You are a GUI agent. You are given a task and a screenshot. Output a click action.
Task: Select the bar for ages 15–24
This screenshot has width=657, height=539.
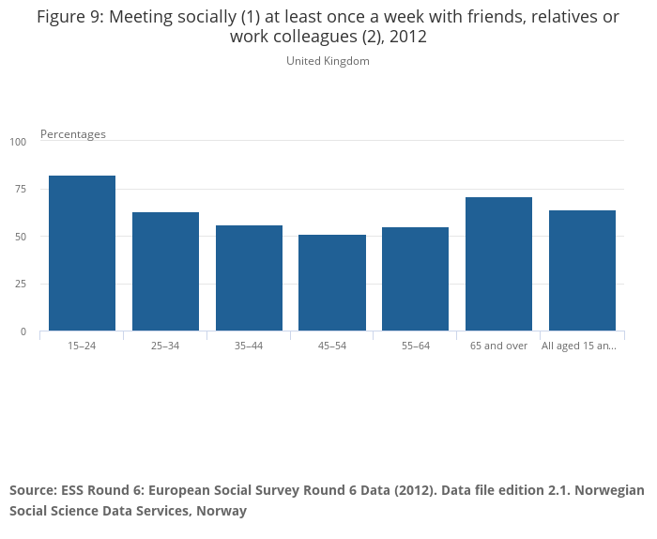[82, 253]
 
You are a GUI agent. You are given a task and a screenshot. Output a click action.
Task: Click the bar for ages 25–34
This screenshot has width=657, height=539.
[165, 271]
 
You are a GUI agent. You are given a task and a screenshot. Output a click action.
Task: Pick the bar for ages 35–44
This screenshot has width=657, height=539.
[249, 278]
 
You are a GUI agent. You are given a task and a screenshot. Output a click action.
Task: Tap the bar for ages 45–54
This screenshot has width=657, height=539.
[332, 283]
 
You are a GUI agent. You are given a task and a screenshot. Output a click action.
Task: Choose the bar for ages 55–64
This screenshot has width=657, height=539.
[415, 279]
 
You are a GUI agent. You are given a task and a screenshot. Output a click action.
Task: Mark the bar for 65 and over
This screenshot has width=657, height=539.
[498, 264]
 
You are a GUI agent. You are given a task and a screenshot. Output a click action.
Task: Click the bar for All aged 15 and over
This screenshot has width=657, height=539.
[582, 270]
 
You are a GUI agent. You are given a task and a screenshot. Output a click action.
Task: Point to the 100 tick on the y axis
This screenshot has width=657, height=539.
[19, 142]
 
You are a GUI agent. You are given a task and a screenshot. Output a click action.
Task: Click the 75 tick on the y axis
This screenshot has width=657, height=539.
[21, 190]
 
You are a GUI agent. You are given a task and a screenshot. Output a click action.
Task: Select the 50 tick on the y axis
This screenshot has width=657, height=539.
[21, 237]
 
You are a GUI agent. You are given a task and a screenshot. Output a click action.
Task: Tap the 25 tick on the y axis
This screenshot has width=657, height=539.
[21, 285]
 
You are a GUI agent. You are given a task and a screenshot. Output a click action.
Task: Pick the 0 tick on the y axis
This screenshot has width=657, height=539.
[23, 331]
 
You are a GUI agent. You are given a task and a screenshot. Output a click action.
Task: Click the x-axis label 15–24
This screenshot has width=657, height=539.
[82, 346]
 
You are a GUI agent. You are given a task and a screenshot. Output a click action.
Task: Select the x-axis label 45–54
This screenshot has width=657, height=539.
[332, 346]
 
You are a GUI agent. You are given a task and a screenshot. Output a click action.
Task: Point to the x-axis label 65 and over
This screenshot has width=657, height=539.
[498, 346]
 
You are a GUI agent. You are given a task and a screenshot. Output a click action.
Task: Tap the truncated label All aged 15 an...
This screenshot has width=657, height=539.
[579, 346]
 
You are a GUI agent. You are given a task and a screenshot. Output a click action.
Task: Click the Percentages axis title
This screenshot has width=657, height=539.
[73, 134]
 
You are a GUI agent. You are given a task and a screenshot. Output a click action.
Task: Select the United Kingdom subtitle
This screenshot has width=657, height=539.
[328, 61]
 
